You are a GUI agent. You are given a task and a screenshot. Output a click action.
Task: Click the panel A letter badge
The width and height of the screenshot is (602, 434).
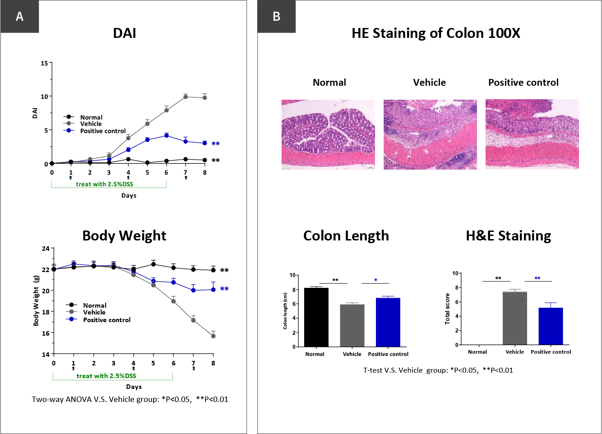(x=19, y=17)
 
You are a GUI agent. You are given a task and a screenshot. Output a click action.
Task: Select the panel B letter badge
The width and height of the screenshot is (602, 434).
(x=277, y=17)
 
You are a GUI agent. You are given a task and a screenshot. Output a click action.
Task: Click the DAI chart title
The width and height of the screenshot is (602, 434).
(x=124, y=33)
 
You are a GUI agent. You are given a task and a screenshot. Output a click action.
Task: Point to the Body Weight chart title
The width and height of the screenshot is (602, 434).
(x=124, y=236)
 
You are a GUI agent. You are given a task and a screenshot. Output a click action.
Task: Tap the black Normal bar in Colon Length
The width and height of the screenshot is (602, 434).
(x=316, y=317)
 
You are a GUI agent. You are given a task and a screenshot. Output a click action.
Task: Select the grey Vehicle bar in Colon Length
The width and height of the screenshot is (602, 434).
(x=352, y=325)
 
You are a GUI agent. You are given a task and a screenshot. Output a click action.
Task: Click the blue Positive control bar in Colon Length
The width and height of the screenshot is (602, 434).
(x=388, y=322)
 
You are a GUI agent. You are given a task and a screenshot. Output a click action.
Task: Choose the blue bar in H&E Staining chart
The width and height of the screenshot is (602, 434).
(x=551, y=326)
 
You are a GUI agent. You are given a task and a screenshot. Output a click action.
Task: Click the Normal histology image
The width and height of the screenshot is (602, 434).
(x=328, y=134)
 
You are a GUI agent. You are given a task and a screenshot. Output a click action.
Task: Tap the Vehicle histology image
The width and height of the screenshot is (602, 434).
(x=430, y=134)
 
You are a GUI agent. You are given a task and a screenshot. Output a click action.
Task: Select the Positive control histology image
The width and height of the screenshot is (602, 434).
(x=532, y=134)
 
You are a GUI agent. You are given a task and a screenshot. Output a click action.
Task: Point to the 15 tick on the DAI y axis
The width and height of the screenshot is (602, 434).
(x=44, y=63)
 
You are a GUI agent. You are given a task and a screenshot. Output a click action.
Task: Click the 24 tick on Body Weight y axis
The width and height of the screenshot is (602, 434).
(x=45, y=249)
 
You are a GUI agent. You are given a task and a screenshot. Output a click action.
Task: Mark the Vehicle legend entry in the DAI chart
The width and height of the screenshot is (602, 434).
(x=90, y=124)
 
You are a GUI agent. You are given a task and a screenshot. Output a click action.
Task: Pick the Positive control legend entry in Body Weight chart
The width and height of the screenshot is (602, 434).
(x=107, y=320)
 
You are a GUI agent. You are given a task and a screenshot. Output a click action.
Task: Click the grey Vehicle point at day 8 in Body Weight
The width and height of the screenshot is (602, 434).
(x=213, y=336)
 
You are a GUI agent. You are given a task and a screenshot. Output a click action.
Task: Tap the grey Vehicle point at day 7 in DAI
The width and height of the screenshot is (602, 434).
(x=185, y=97)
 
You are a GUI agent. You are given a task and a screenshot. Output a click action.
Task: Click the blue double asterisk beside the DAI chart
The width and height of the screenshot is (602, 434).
(x=216, y=144)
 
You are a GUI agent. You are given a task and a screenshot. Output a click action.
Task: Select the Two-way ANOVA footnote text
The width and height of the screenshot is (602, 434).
(x=130, y=399)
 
